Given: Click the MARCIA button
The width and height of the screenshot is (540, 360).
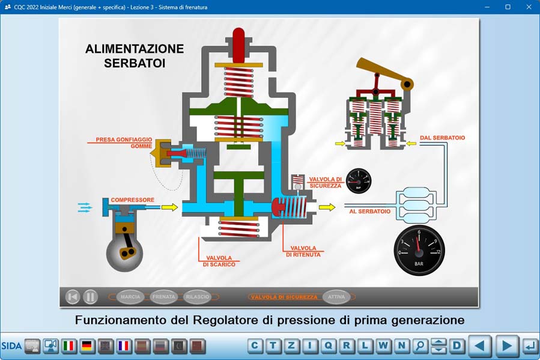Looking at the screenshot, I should coord(130,297).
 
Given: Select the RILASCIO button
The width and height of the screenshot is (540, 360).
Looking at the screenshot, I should coord(198,297).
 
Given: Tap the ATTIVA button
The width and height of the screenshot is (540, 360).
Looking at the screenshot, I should coord(336,297).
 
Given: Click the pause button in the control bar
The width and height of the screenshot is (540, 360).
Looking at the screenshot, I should coord(90,296).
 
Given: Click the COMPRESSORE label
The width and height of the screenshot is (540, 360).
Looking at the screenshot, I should coord(132,200).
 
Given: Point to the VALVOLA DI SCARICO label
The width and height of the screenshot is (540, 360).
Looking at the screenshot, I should coord(219,261).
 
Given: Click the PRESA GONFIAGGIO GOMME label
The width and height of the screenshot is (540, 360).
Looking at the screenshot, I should coord(124,142).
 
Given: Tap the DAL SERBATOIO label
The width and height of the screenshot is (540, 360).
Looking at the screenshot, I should coord(442,138).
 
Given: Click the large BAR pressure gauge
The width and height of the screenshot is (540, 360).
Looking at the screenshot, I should coord(419,250).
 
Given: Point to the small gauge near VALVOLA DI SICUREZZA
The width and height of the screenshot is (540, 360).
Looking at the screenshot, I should coord(359,181).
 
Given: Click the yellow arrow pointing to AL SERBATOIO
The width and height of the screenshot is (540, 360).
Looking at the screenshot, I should coord(327,207).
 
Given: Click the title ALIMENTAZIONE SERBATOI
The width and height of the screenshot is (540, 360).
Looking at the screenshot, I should coord(135,55).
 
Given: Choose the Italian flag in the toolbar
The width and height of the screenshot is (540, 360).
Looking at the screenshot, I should coord(69,346).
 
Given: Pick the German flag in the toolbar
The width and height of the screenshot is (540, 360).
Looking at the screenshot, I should coord(87,346).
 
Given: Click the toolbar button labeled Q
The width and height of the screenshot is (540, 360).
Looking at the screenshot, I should coord(329,346).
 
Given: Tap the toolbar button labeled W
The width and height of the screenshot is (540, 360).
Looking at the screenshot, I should coord(383,346).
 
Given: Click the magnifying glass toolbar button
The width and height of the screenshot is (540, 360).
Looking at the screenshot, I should coord(420,346).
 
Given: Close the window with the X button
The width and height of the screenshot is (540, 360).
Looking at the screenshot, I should coord(529,7).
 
